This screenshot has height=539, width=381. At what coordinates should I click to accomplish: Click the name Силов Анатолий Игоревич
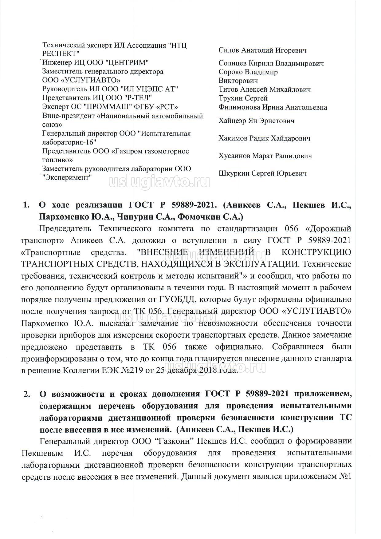[262, 50]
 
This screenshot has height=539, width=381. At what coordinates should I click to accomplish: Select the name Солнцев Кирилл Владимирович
[271, 64]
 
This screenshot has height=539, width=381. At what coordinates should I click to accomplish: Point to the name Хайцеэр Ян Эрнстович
[256, 121]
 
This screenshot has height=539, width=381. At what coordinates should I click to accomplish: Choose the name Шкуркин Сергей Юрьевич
[262, 173]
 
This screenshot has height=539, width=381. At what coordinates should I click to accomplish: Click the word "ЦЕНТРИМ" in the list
[129, 63]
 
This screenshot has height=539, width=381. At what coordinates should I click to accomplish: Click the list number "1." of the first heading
[26, 205]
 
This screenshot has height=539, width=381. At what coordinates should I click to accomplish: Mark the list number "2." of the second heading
[26, 394]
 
